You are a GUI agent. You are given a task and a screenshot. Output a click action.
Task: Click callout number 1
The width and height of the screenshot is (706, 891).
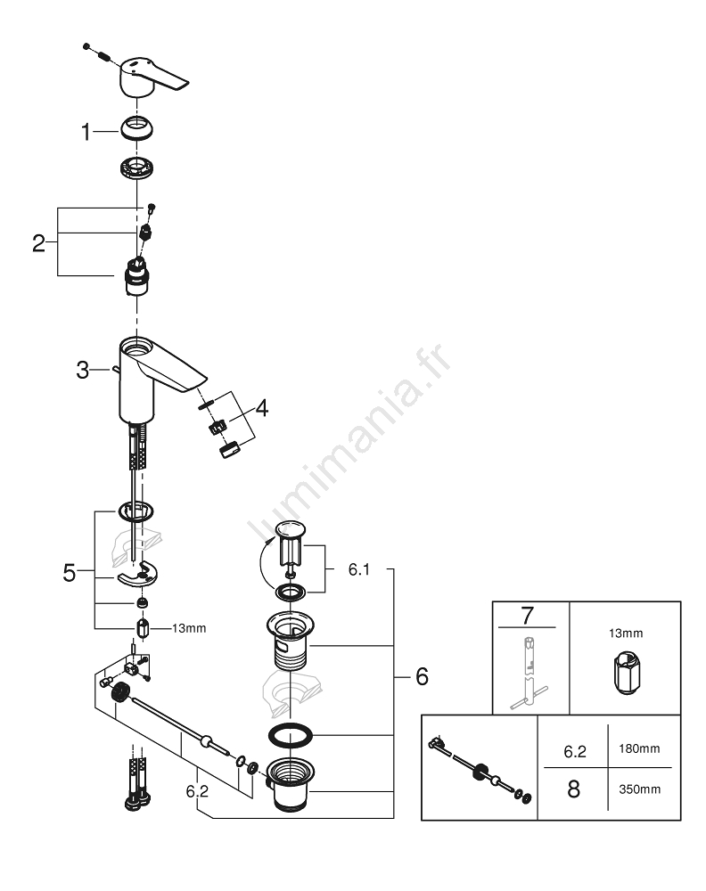click(86, 132)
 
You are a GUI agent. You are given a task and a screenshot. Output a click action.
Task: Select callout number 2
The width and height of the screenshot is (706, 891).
click(38, 243)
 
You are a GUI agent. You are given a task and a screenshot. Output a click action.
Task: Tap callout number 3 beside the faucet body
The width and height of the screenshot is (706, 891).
click(83, 370)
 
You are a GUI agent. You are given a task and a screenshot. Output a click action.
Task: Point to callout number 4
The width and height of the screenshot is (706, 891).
click(261, 407)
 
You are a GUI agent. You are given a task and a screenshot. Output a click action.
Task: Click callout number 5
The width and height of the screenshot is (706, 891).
click(70, 573)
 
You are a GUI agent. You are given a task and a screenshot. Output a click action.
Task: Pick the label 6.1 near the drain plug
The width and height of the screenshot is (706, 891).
click(358, 569)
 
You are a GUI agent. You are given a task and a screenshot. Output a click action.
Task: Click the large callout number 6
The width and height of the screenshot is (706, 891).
click(422, 676)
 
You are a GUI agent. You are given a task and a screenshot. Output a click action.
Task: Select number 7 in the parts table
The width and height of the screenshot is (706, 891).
click(527, 616)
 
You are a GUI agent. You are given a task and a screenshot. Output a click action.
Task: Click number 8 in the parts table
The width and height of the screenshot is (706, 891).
click(573, 789)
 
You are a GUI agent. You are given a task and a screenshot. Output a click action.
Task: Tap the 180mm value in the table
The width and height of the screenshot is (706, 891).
click(639, 749)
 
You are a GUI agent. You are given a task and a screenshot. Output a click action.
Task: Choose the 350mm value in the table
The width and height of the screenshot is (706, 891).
click(639, 789)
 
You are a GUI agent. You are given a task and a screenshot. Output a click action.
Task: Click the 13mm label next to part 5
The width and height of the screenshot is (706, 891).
click(189, 628)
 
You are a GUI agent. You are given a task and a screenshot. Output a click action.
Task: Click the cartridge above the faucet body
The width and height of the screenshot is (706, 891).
click(136, 275)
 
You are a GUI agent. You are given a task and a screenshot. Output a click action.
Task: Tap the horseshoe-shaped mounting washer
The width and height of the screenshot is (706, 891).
click(137, 573)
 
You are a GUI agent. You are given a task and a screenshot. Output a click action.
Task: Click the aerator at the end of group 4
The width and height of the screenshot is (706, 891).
click(230, 450)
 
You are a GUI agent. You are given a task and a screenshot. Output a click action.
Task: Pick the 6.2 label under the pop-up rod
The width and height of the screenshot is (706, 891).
click(197, 791)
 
